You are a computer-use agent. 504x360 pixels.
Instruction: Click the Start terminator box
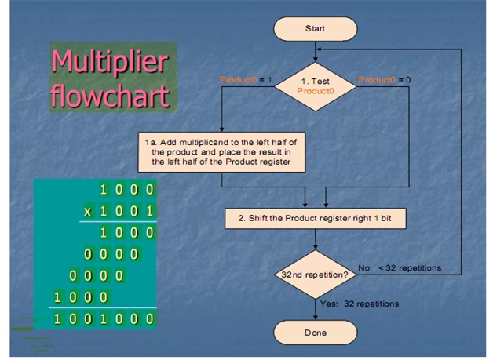click(314, 28)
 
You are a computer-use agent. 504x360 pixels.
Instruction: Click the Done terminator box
click(314, 333)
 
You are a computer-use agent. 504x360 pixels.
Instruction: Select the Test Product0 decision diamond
click(314, 85)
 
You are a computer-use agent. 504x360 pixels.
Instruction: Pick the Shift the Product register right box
click(314, 218)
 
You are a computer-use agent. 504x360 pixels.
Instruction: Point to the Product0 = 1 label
click(245, 80)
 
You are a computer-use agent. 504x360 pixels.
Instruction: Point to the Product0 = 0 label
click(385, 80)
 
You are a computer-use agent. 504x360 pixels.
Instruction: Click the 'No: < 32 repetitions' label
click(399, 268)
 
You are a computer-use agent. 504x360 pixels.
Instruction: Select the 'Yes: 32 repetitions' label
click(360, 304)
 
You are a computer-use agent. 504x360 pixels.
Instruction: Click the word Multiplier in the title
click(111, 61)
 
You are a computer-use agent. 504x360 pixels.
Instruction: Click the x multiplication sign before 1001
click(89, 211)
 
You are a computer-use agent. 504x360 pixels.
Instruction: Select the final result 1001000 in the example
click(104, 319)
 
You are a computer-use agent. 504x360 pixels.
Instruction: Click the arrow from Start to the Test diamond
click(314, 52)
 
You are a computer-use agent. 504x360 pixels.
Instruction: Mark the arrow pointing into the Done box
click(314, 310)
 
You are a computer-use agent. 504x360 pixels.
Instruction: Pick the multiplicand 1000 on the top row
click(126, 189)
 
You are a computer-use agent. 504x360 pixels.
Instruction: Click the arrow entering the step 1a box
click(221, 118)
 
